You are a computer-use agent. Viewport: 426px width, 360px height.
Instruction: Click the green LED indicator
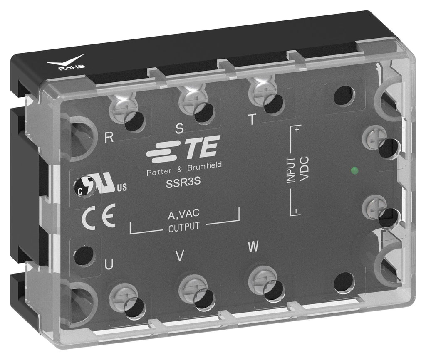point(354,170)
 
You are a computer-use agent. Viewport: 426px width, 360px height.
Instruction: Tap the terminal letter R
point(109,137)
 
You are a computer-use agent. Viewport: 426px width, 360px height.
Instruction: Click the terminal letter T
point(253,119)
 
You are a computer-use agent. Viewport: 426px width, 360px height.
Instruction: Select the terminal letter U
point(109,264)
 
